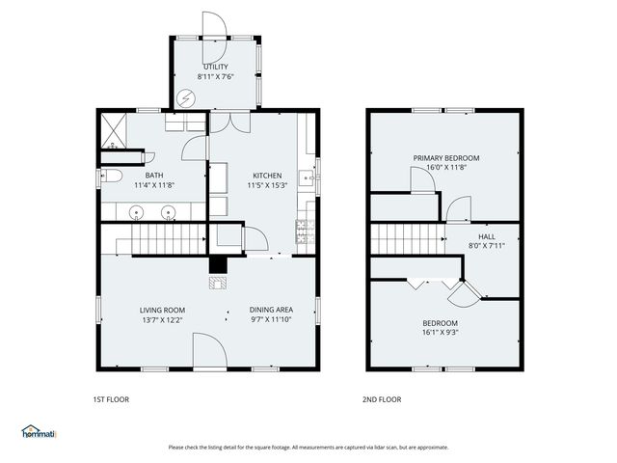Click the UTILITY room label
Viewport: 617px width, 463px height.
[215, 66]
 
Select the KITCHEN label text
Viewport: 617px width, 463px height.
[266, 175]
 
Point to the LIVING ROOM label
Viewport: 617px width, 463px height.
[162, 310]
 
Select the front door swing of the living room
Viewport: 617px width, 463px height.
[209, 351]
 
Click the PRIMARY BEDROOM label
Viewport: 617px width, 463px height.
[445, 157]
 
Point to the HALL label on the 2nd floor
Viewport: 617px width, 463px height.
[486, 235]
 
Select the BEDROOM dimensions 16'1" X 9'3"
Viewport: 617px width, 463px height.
[439, 333]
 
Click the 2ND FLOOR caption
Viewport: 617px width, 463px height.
[382, 399]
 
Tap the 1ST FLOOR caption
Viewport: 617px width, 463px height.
[111, 399]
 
